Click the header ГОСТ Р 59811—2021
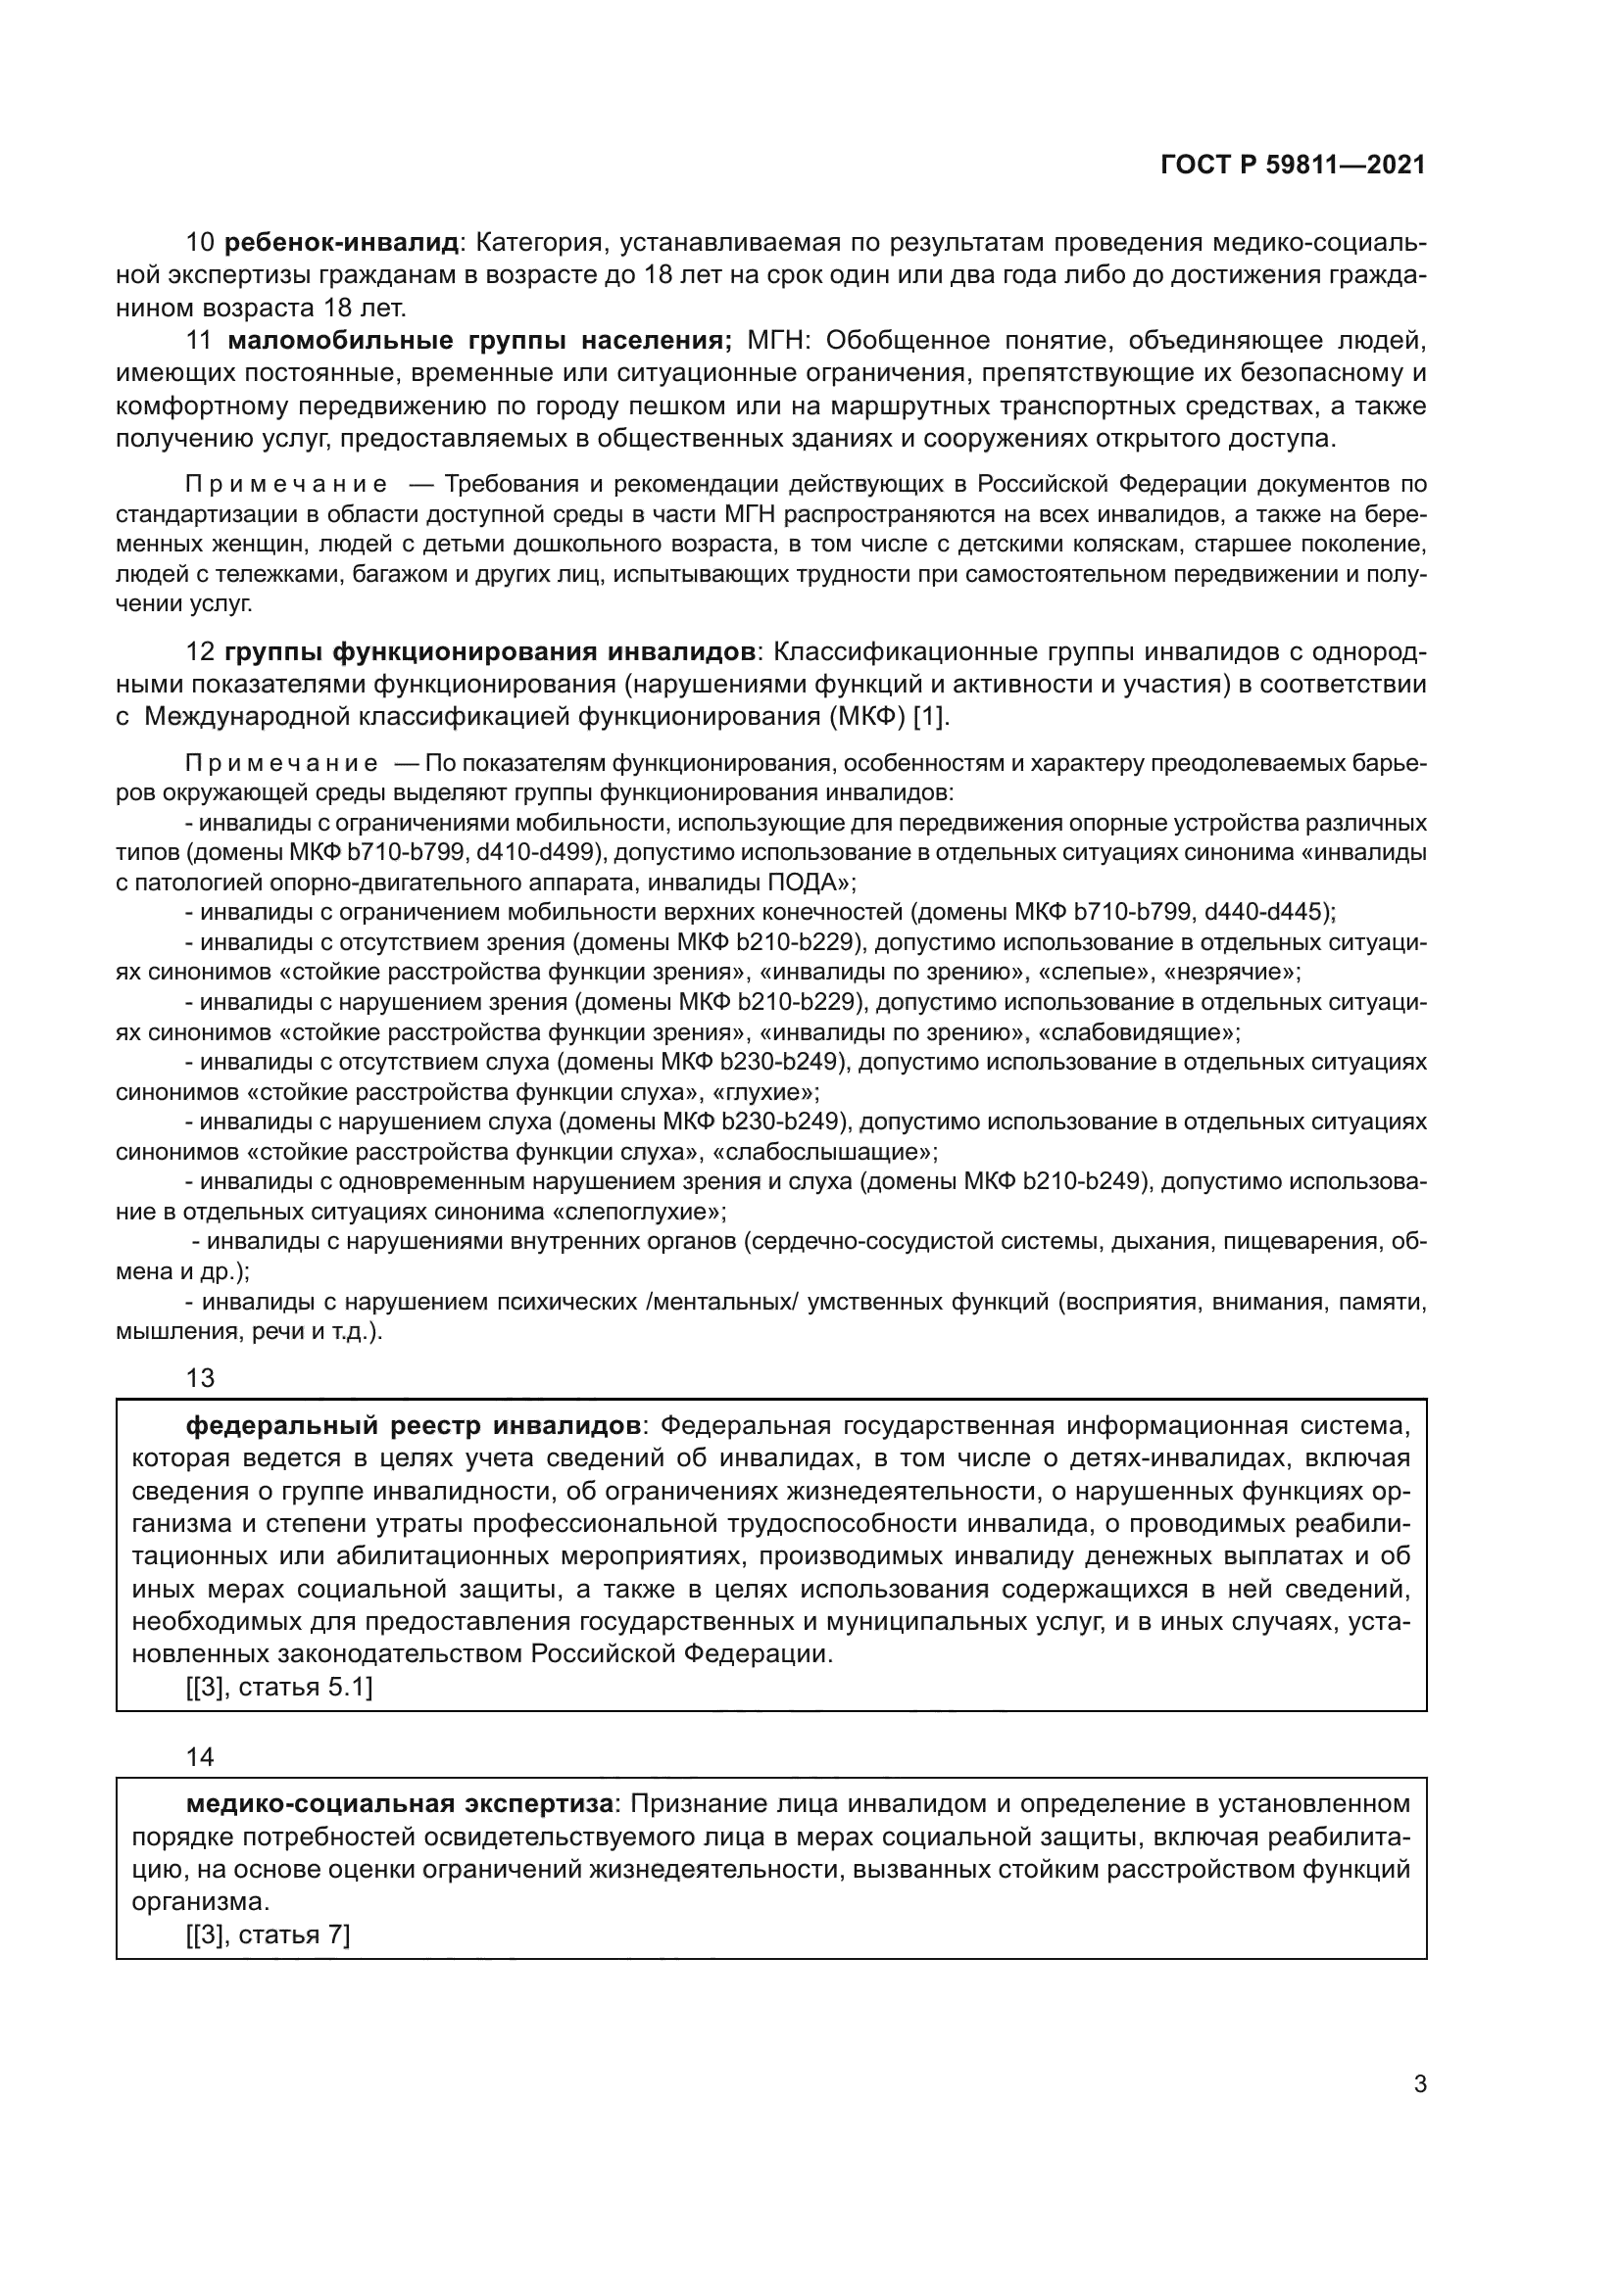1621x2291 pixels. (x=1293, y=166)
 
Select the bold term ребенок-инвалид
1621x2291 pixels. (x=341, y=243)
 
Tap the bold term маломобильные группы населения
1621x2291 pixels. (x=480, y=341)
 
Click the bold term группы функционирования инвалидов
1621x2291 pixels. (x=490, y=652)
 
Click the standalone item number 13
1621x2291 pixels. (x=200, y=1378)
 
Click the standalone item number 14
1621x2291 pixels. (x=200, y=1757)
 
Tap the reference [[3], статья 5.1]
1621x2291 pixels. (x=279, y=1689)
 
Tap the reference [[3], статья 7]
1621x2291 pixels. (x=268, y=1935)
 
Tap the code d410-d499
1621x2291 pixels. (x=540, y=853)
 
